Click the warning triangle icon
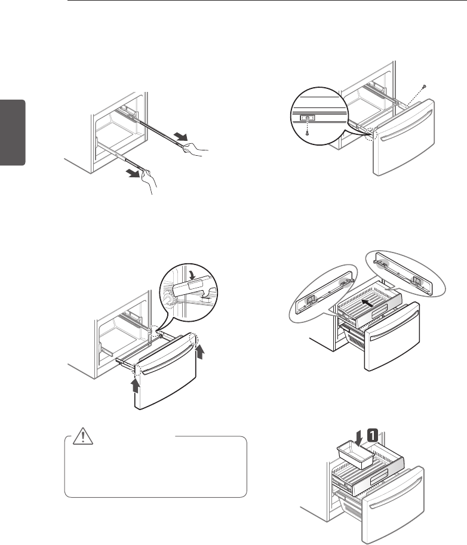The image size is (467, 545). tap(80, 439)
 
